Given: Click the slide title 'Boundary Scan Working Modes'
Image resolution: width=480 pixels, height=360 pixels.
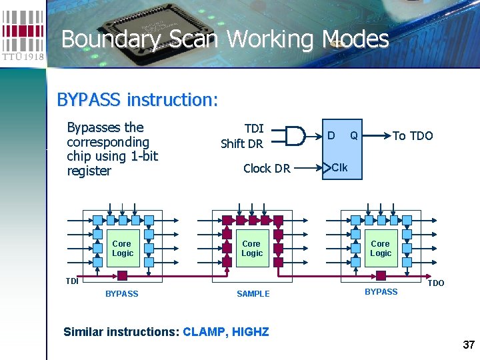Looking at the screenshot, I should point(225,39).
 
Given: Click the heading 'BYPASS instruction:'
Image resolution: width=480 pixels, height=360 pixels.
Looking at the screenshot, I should point(137,100).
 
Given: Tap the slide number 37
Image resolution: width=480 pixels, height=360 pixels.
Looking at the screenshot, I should point(468,345).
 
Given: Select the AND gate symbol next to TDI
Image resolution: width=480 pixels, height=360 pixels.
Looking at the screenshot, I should point(291,135).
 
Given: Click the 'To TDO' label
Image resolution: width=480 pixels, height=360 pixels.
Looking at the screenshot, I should point(413,136).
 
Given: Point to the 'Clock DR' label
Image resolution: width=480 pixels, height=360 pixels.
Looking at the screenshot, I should point(267,169).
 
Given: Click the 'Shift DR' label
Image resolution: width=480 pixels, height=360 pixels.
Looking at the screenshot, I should point(242,143).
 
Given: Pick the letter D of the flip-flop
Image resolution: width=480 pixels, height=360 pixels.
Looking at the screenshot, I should point(331,136).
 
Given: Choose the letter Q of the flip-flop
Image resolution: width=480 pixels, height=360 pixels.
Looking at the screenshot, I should point(354,136).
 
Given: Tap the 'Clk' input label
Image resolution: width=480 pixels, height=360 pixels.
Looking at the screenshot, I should point(339,167).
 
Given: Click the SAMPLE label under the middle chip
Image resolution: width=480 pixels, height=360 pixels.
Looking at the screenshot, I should point(253,294).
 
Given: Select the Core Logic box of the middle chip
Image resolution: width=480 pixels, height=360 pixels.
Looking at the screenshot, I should point(252,249).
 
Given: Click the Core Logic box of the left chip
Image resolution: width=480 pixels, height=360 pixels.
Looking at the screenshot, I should point(123,249).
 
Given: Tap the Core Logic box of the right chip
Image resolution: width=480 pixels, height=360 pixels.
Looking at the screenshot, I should point(381,249).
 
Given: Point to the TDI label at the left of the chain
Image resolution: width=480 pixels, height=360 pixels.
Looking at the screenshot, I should point(71,281).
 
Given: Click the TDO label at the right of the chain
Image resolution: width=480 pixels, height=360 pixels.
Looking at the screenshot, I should point(435,283).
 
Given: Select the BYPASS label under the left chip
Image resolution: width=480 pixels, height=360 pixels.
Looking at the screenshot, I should point(122,294).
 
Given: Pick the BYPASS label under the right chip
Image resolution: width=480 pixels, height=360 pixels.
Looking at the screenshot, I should point(381,292).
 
